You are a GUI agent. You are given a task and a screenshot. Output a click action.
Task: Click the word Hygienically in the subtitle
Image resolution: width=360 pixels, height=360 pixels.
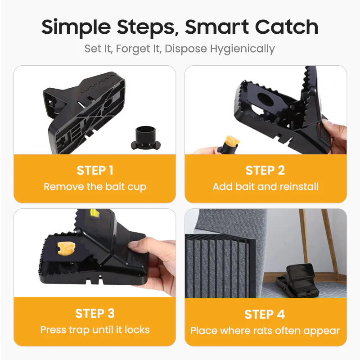click(x=243, y=49)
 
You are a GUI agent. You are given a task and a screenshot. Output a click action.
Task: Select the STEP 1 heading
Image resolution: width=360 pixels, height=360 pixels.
click(x=94, y=170)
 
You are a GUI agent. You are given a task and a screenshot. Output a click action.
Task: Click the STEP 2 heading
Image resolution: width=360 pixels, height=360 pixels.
click(x=265, y=170)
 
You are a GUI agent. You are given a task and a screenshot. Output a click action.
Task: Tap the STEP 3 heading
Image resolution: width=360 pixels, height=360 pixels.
click(x=94, y=313)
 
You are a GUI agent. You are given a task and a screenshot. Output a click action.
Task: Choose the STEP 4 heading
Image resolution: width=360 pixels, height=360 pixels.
click(x=265, y=314)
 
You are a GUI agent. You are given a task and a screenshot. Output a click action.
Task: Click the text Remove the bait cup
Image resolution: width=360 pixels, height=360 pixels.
click(x=94, y=187)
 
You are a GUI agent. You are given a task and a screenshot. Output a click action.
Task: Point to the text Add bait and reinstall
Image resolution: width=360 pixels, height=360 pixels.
click(x=265, y=187)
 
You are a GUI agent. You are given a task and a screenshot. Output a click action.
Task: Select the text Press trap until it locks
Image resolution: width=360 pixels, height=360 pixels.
click(x=94, y=330)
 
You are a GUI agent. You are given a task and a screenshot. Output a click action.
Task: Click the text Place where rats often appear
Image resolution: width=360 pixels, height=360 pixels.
click(x=265, y=331)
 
